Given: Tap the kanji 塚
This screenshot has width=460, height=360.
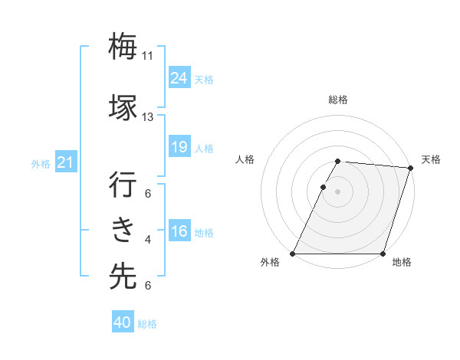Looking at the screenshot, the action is point(123,106).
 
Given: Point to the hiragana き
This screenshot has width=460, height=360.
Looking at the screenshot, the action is point(123,229).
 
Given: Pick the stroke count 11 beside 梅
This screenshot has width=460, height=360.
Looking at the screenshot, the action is point(147,56).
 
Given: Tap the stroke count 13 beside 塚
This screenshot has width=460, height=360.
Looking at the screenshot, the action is point(147,117).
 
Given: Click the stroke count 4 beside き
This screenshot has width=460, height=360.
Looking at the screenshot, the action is point(148,240).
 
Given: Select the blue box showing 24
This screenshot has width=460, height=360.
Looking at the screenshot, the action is point(179,78).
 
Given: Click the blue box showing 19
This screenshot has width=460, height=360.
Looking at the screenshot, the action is point(179,147).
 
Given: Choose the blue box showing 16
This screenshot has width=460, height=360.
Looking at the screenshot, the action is point(179,231).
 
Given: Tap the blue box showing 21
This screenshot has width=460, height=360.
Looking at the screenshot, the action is point(66,162).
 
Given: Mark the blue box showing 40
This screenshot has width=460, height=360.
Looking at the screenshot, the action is point(123,322).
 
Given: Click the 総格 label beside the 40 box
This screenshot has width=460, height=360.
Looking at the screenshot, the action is point(147,324).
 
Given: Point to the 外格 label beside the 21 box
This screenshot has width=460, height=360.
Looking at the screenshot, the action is point(41,164).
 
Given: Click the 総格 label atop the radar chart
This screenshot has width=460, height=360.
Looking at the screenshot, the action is point(338,100).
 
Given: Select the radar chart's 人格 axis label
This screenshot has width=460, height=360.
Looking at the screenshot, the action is point(245,159).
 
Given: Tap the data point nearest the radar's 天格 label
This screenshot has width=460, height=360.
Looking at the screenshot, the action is point(410,168).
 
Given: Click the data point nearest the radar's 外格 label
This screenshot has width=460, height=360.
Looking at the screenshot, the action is point(293,254).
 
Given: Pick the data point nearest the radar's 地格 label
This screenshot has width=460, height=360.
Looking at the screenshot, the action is point(383,254).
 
